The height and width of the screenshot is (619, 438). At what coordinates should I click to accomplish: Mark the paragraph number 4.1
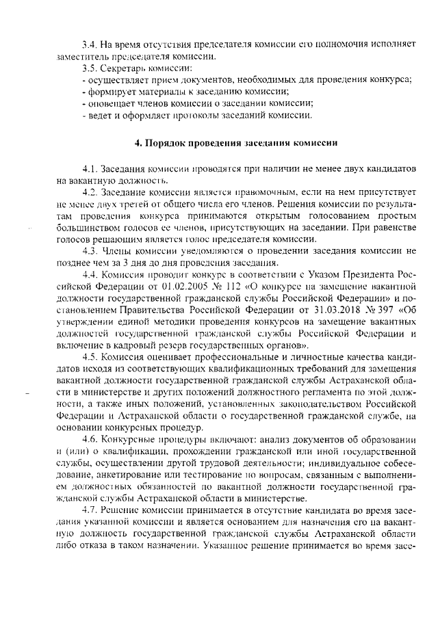click(x=89, y=168)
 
